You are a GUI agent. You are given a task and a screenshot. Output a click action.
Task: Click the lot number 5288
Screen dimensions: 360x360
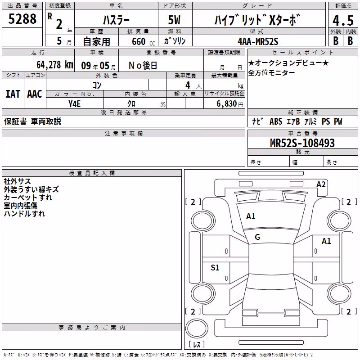click(x=22, y=18)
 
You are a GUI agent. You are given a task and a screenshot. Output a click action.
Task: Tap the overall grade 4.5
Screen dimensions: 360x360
click(x=343, y=20)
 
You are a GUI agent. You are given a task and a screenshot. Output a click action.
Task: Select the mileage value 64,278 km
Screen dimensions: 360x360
click(x=55, y=65)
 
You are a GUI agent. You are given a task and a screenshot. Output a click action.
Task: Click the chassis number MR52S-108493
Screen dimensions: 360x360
click(x=302, y=143)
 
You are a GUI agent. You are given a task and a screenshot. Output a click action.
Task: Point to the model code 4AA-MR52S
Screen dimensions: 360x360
click(x=258, y=41)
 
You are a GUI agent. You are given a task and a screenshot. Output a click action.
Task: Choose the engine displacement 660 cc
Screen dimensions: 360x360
click(x=143, y=42)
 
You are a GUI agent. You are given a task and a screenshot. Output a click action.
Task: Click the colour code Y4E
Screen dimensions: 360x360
click(x=74, y=104)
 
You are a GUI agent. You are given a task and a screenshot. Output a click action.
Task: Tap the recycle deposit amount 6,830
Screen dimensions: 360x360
click(x=227, y=104)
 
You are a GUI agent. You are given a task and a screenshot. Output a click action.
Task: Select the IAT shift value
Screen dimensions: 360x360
click(x=13, y=94)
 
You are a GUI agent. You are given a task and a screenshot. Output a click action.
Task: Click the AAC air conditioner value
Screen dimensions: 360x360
click(x=35, y=94)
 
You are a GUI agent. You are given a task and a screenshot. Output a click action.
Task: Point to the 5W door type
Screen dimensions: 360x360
click(x=174, y=20)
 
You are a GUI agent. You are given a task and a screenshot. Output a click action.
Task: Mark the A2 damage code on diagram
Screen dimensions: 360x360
click(x=321, y=184)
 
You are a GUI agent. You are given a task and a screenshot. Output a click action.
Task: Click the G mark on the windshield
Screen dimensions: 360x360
click(x=257, y=237)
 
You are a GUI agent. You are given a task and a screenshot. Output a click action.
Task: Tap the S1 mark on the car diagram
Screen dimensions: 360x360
click(x=215, y=267)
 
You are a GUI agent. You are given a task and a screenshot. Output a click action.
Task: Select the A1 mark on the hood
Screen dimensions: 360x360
click(x=251, y=216)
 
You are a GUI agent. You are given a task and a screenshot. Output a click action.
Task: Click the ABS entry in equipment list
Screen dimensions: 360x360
click(x=276, y=121)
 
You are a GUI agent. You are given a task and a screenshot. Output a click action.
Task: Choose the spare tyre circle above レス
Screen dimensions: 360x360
click(x=197, y=328)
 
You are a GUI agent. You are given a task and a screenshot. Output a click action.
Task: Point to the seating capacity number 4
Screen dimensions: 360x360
click(x=188, y=85)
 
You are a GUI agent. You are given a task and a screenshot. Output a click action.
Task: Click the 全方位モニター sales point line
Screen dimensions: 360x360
click(x=271, y=73)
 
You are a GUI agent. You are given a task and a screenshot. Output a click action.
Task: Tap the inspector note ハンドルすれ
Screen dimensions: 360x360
click(x=24, y=214)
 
